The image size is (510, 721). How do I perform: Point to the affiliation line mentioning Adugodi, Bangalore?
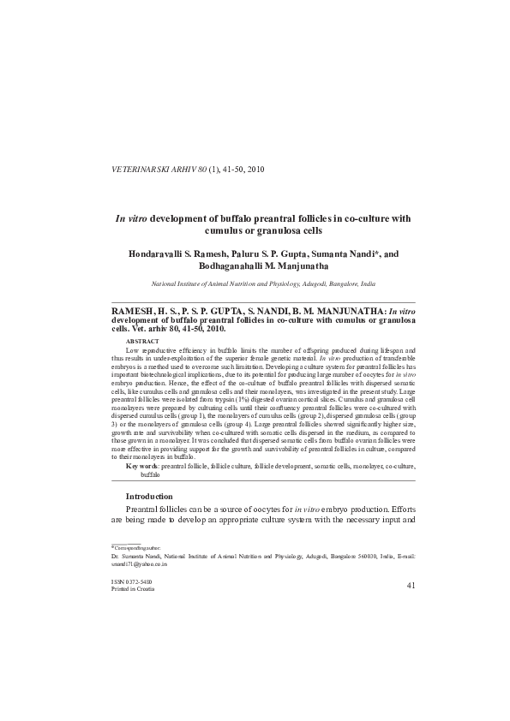263,283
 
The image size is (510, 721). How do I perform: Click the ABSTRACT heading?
142,342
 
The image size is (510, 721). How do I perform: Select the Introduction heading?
150,497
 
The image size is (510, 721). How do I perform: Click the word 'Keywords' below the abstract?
142,466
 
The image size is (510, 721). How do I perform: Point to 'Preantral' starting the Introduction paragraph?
144,512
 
